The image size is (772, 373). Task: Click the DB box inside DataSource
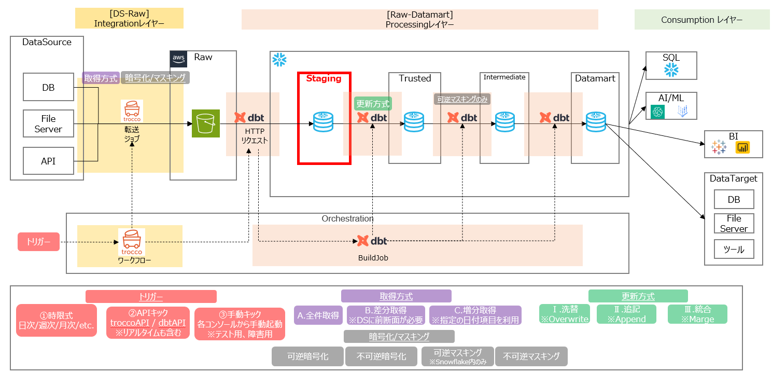point(48,87)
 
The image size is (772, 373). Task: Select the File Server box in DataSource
point(48,124)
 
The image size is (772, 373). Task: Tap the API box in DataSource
point(48,161)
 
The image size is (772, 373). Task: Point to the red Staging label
point(324,79)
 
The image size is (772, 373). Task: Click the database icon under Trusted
point(414,122)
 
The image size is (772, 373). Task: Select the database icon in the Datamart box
point(596,122)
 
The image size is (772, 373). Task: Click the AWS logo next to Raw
point(179,59)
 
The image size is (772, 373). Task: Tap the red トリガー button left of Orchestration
point(38,242)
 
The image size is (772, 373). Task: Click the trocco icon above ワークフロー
point(132,239)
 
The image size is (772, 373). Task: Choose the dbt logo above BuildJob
point(372,241)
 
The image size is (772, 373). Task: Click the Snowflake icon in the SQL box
point(671,70)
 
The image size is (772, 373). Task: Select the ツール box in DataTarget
point(734,250)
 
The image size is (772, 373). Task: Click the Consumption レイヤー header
point(701,20)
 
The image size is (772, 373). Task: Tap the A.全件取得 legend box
point(318,315)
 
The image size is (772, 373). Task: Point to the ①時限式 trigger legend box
point(57,321)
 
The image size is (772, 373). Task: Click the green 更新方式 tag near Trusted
point(373,104)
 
